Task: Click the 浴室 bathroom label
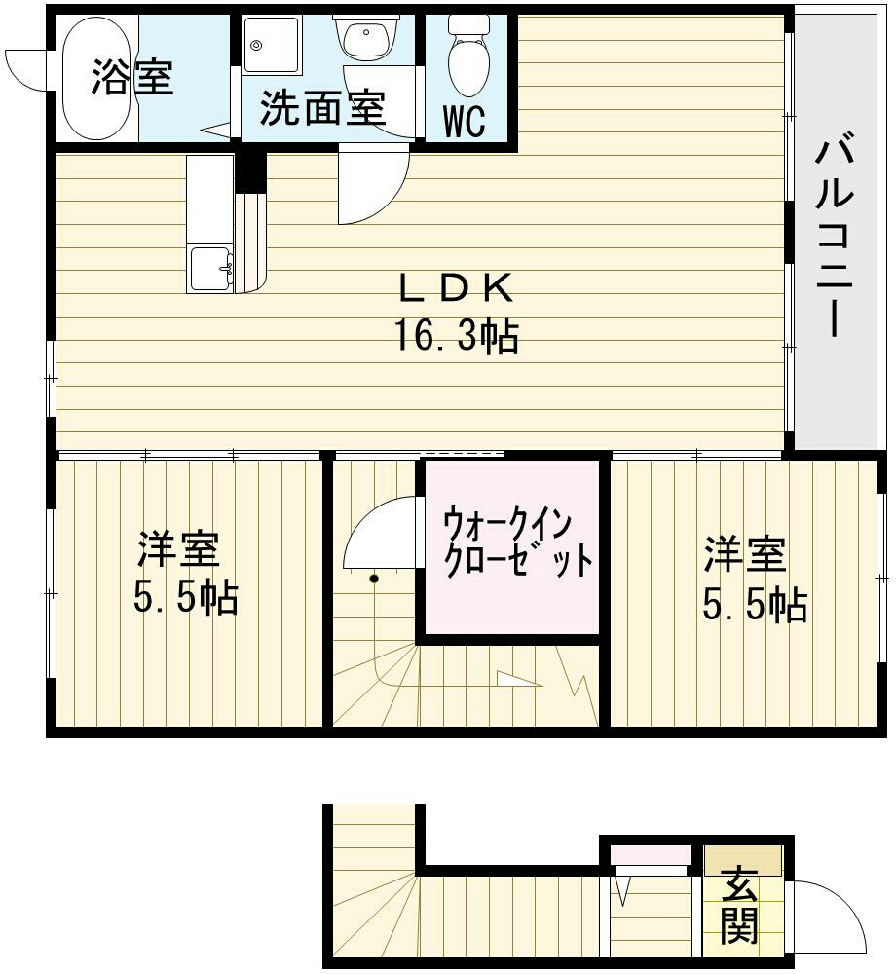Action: (132, 77)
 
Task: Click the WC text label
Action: (465, 122)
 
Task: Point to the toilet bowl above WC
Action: (468, 56)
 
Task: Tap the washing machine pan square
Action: (271, 43)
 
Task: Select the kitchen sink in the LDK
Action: (211, 269)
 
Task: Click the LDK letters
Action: (455, 288)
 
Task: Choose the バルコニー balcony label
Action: (836, 237)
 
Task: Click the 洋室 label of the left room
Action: (177, 550)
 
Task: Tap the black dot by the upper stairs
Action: (374, 580)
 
